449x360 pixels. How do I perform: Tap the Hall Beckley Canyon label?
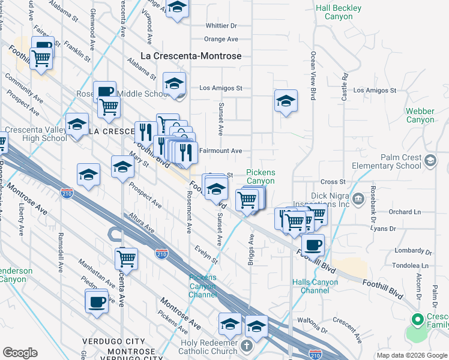[339, 13]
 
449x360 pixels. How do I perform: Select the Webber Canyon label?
[420, 115]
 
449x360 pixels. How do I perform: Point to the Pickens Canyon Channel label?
[202, 286]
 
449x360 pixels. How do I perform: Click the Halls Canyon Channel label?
[310, 286]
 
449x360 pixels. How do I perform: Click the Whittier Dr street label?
[221, 26]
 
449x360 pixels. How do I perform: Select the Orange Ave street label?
[221, 39]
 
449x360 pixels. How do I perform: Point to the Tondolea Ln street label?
[412, 265]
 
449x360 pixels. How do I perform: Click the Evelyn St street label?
[206, 253]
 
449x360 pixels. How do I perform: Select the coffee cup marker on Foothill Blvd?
[313, 244]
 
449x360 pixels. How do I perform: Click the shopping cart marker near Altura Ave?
[126, 259]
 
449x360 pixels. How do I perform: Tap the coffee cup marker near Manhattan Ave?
[96, 302]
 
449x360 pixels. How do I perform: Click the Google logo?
[20, 353]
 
